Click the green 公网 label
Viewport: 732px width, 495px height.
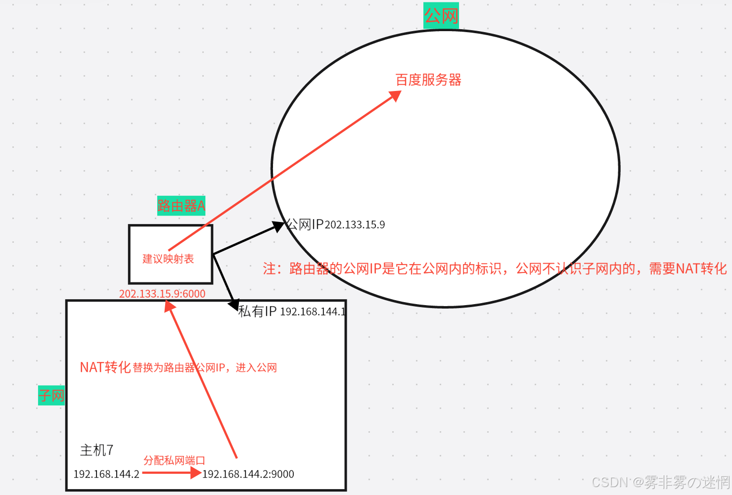pyautogui.click(x=441, y=16)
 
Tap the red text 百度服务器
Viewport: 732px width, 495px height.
pyautogui.click(x=428, y=80)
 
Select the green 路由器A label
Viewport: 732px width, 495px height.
pyautogui.click(x=181, y=206)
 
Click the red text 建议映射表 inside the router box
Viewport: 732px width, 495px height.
pyautogui.click(x=168, y=259)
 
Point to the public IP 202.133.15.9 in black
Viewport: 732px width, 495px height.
pyautogui.click(x=355, y=225)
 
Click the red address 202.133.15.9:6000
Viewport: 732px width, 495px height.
pyautogui.click(x=162, y=294)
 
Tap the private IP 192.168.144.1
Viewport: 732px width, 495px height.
pyautogui.click(x=313, y=312)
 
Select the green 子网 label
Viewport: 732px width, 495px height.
pyautogui.click(x=51, y=396)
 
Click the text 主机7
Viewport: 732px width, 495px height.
pyautogui.click(x=97, y=450)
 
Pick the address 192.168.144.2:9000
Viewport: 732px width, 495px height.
pyautogui.click(x=248, y=474)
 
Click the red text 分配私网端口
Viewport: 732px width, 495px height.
pyautogui.click(x=174, y=461)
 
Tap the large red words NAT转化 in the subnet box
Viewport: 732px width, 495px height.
pyautogui.click(x=105, y=367)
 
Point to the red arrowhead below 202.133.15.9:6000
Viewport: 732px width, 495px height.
pyautogui.click(x=170, y=307)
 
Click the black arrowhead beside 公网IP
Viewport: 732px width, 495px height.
pyautogui.click(x=278, y=226)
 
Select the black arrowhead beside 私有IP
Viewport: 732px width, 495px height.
pyautogui.click(x=233, y=304)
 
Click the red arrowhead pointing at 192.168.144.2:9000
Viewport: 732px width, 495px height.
pyautogui.click(x=196, y=473)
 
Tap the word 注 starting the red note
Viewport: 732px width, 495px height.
pyautogui.click(x=269, y=269)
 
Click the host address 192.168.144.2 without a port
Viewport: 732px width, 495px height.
pyautogui.click(x=106, y=474)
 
